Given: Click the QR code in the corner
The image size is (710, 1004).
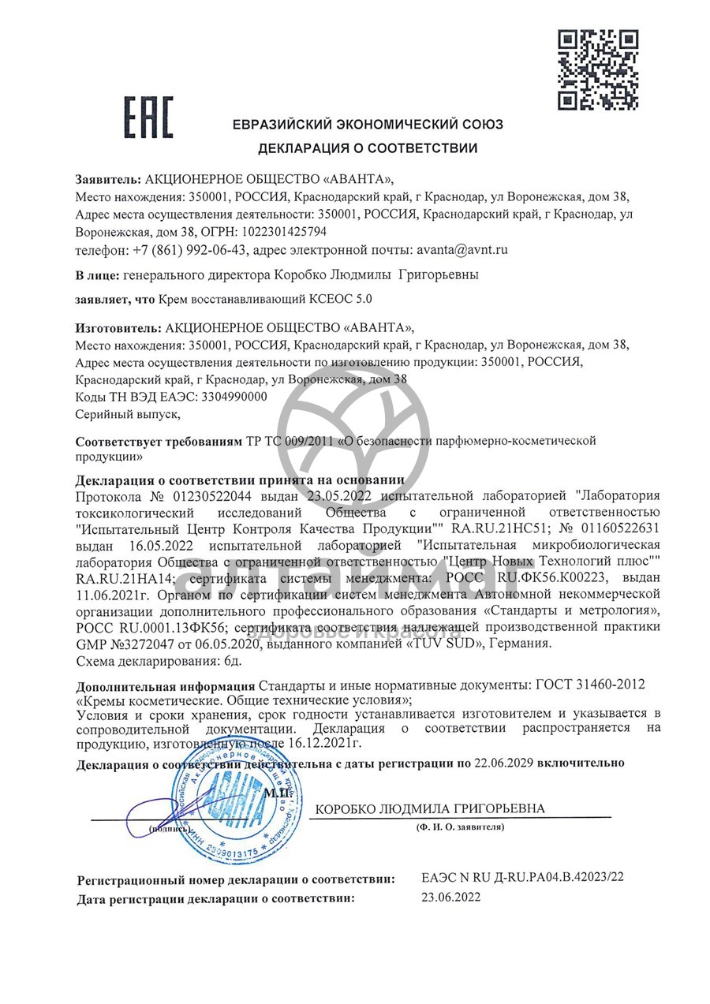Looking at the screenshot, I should click(x=597, y=69).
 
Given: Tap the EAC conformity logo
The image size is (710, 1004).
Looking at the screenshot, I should click(x=148, y=118).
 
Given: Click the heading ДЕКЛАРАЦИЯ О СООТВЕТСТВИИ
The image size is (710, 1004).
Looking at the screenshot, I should click(x=368, y=147).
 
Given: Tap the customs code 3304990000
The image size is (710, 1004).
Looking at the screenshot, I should click(x=234, y=397).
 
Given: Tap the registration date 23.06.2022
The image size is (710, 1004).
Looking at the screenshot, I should click(x=450, y=898).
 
